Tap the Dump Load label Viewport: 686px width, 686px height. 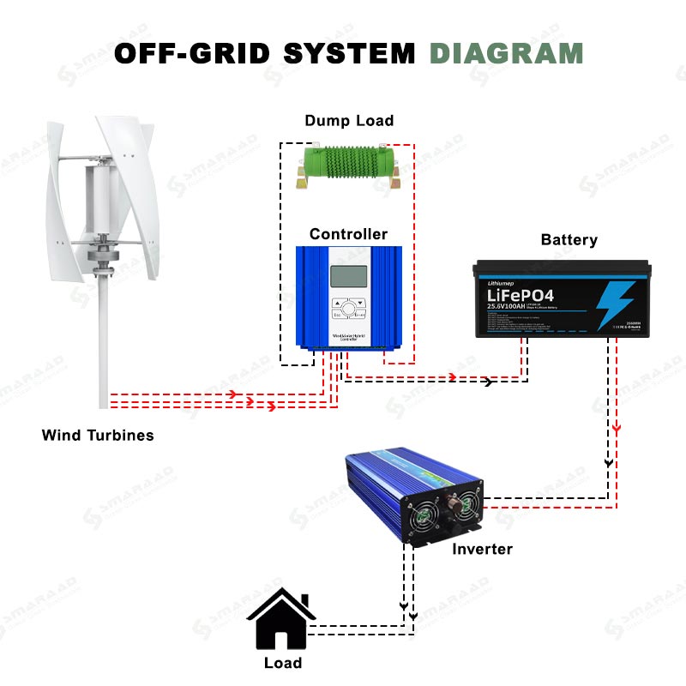[x=349, y=121]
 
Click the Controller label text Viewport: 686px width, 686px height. [x=348, y=234]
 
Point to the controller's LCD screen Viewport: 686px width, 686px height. [x=349, y=276]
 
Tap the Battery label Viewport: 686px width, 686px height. [x=569, y=240]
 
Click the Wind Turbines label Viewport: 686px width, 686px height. [x=98, y=436]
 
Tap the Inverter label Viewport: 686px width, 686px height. [x=482, y=549]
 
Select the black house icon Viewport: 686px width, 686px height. [x=281, y=619]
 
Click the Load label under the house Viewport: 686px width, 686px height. [x=283, y=663]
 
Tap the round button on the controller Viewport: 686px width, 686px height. [x=349, y=310]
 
